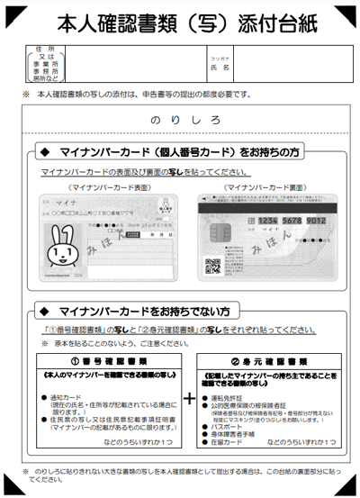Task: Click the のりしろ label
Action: (x=179, y=118)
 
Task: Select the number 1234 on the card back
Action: (x=247, y=219)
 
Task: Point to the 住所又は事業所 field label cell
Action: (x=45, y=66)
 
